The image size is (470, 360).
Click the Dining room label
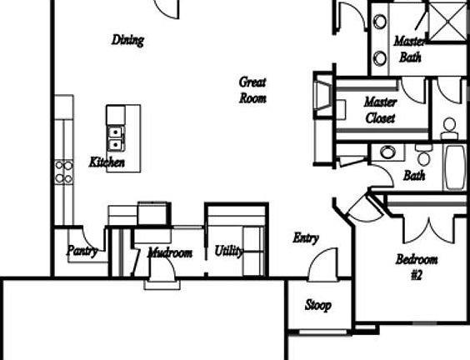127,40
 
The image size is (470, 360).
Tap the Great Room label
252,90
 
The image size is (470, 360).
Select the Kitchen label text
107,162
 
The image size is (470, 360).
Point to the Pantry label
82,251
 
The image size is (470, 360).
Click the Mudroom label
170,253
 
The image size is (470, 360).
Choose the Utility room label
229,251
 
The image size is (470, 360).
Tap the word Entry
306,238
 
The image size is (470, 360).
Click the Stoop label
318,305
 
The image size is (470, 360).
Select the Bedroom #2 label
417,267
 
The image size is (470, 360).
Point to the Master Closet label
381,110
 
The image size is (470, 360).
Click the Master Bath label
409,49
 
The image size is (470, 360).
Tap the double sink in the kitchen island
116,138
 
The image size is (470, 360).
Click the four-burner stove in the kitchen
64,172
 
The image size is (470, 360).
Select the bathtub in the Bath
456,167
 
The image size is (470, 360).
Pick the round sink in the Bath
387,152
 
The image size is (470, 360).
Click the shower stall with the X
447,22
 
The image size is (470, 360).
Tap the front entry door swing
323,264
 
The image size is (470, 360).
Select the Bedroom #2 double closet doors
429,230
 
